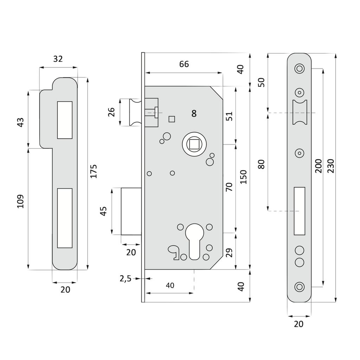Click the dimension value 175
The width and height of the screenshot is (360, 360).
pos(94,171)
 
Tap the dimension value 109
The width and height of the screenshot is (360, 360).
pos(20,201)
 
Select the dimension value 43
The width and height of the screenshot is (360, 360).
pos(20,122)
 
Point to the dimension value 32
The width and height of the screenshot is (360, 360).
pos(58,59)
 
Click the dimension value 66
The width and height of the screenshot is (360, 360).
pos(184,64)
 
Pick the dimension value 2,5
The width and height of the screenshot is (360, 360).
pos(125,279)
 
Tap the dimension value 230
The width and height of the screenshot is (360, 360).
pos(331,166)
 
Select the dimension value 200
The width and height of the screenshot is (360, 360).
pos(319,166)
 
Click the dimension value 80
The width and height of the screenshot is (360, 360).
pos(261,164)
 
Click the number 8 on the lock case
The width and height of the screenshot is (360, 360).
pos(194,114)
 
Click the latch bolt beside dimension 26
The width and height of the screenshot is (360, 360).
pos(135,112)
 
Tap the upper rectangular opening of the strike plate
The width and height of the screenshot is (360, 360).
pos(64,120)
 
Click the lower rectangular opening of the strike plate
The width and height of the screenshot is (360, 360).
pos(64,218)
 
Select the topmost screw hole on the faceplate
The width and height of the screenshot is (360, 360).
pos(299,68)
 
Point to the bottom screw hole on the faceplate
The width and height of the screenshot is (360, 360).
pos(299,287)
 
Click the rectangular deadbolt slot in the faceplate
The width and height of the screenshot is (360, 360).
pos(299,211)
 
